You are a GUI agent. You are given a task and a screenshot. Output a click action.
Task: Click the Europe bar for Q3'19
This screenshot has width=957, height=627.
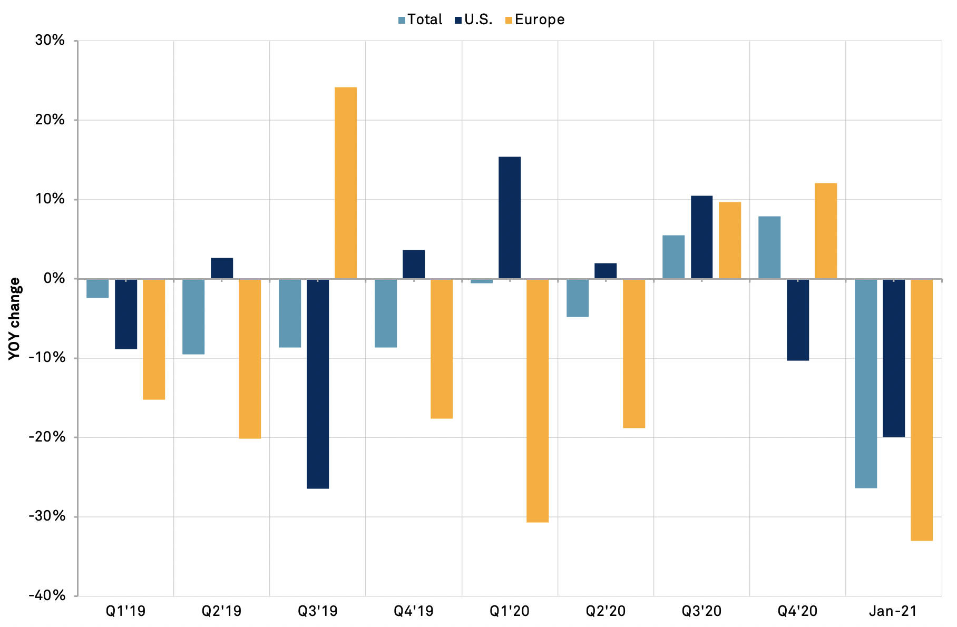point(346,183)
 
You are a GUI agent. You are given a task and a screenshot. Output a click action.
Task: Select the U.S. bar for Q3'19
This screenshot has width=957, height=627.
point(318,384)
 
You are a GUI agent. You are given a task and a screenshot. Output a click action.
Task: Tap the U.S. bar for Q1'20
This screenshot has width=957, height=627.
point(510,218)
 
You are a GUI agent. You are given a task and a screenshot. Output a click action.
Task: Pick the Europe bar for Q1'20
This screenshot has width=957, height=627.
point(538,400)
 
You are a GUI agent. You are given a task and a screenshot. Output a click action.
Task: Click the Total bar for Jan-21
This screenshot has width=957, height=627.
point(866,384)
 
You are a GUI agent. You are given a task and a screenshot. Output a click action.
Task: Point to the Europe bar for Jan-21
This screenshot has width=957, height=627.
point(922,410)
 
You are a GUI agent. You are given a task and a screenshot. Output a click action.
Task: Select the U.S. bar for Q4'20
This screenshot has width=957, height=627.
point(798,320)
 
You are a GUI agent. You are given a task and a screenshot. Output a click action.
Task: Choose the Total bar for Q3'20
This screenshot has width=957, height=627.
point(673,257)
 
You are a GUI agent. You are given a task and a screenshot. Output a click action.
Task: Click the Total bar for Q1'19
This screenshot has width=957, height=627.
point(97,289)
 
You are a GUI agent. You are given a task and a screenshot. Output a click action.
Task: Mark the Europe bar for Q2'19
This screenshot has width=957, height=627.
point(250,359)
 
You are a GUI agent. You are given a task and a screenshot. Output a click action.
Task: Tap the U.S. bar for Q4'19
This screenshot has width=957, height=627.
point(414,264)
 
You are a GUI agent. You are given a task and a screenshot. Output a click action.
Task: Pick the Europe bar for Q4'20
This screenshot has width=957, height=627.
point(826,231)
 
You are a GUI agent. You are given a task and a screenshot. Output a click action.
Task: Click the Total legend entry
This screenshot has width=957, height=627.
point(421,20)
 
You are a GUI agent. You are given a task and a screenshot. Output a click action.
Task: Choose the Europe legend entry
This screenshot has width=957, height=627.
point(535,20)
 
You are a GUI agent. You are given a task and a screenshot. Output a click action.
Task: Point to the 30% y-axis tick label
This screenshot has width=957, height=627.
point(50,41)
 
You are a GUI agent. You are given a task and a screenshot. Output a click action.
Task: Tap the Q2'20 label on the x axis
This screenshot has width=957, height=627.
point(606,611)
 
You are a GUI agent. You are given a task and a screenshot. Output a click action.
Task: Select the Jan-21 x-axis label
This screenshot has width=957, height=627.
point(893,611)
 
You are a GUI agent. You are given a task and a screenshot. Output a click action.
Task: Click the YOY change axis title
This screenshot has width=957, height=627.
point(15,318)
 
